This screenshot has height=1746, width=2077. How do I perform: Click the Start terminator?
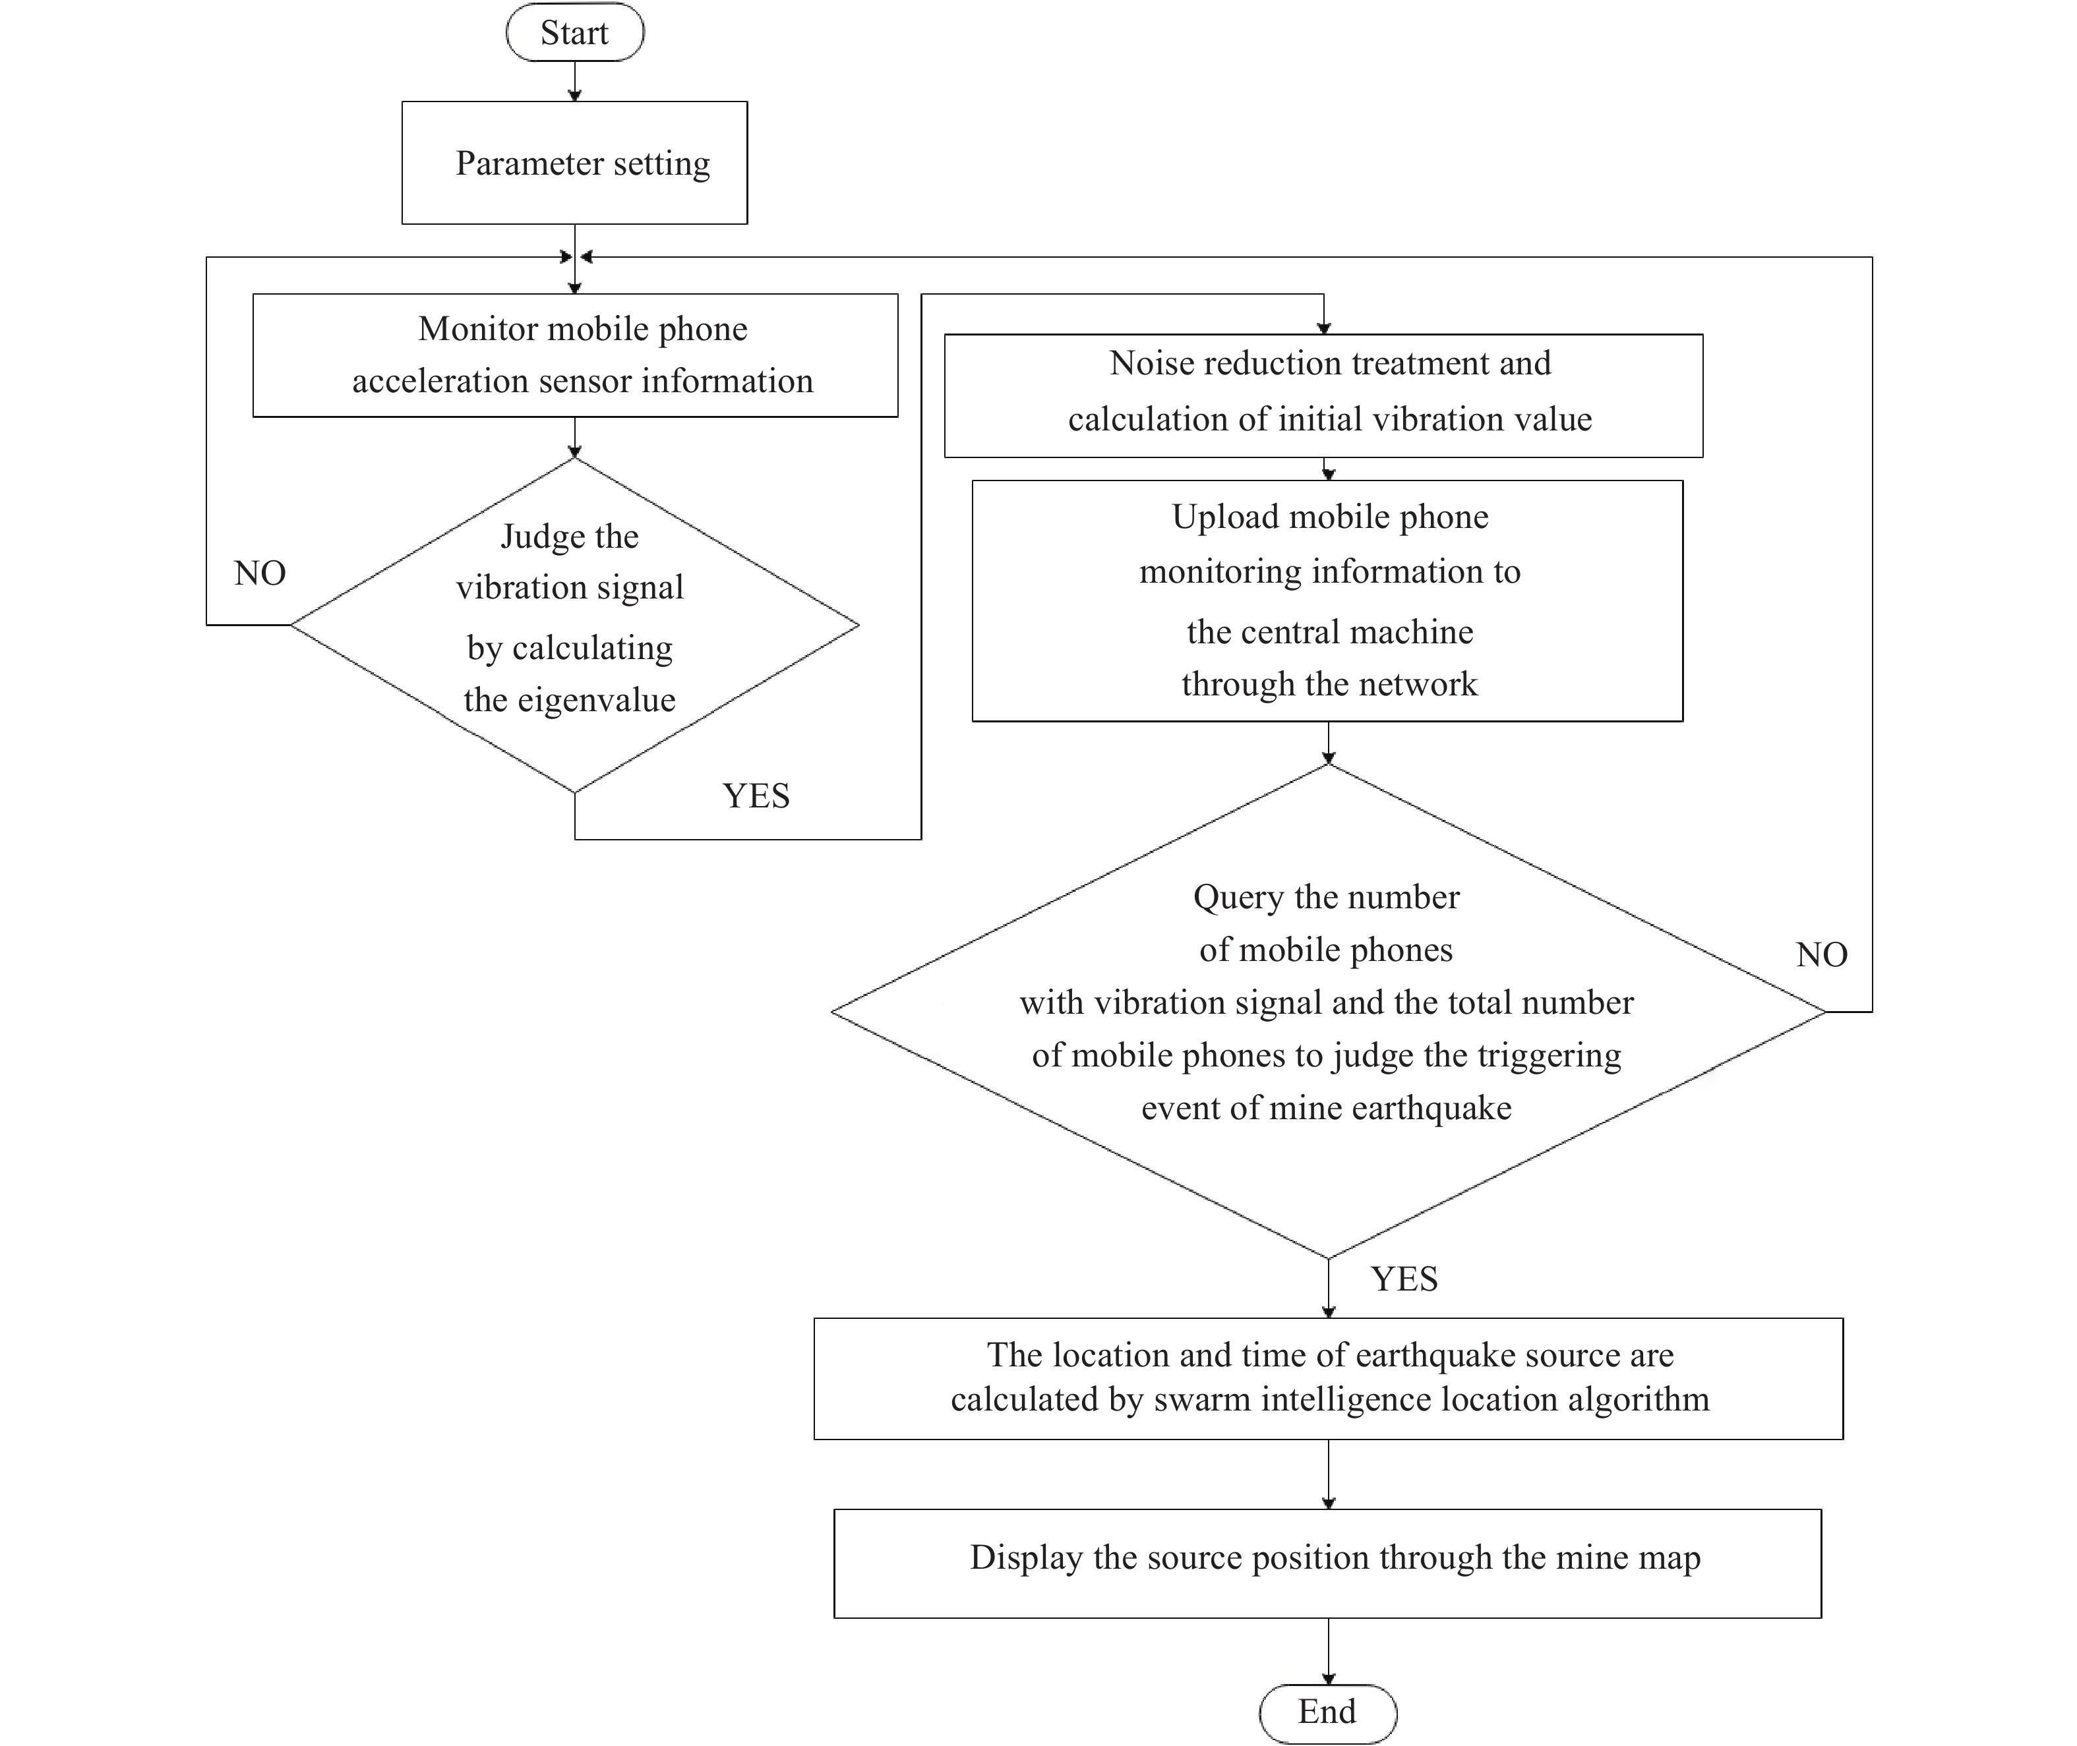coord(574,33)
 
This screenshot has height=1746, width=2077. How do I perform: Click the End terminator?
coord(1327,1712)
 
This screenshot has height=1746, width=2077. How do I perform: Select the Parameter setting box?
coord(574,162)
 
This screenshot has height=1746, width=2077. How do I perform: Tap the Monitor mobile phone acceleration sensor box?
coord(575,355)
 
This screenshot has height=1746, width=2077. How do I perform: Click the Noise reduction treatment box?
coord(1323,396)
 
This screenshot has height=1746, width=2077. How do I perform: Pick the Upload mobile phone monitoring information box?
coord(1327,601)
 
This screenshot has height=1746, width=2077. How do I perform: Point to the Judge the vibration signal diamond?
coord(574,625)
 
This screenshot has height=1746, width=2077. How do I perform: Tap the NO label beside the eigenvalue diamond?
coord(259,573)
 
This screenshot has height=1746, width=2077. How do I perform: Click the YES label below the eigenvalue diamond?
coord(756,796)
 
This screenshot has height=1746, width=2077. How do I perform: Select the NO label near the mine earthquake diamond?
coord(1822,954)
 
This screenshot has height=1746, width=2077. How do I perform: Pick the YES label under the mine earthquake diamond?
coord(1404,1279)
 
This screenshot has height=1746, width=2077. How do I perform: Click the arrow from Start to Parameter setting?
coord(574,81)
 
